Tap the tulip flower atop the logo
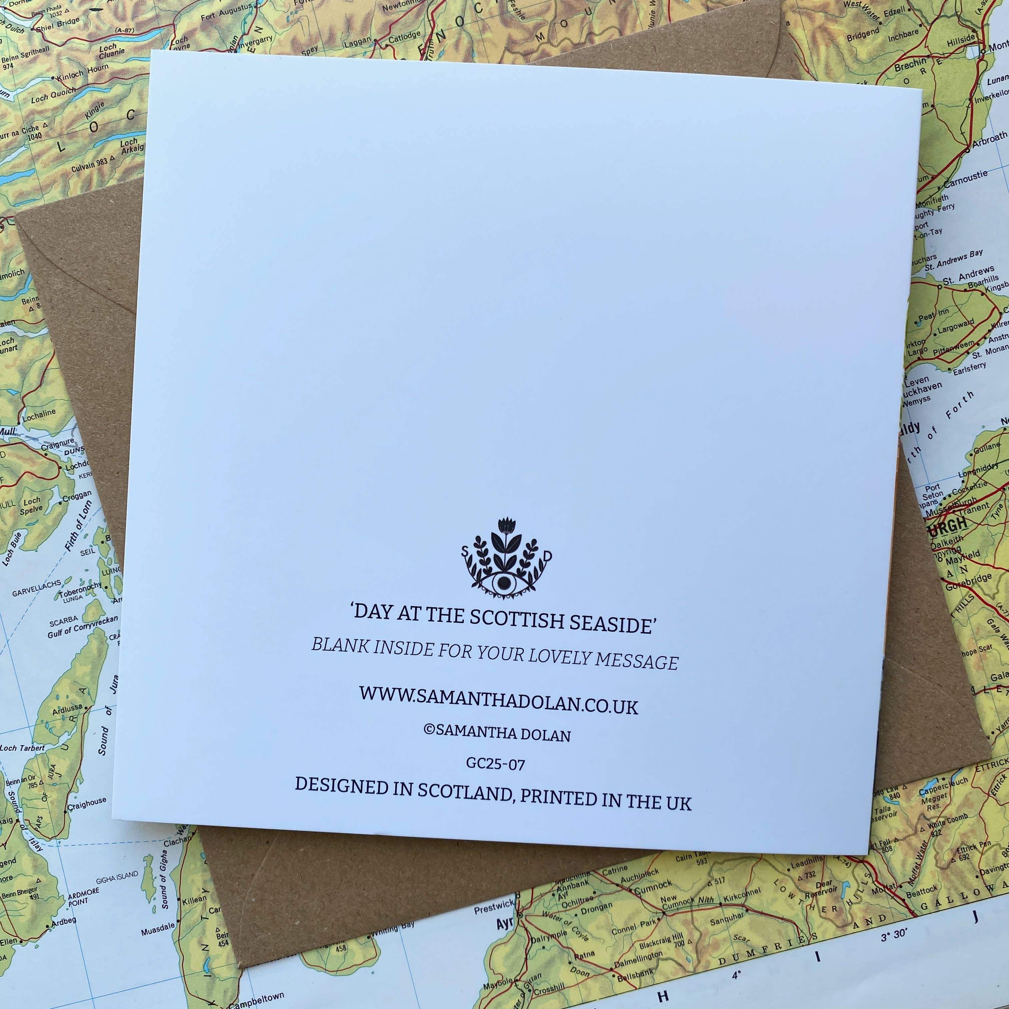[506, 526]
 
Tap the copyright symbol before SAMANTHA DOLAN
[429, 730]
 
